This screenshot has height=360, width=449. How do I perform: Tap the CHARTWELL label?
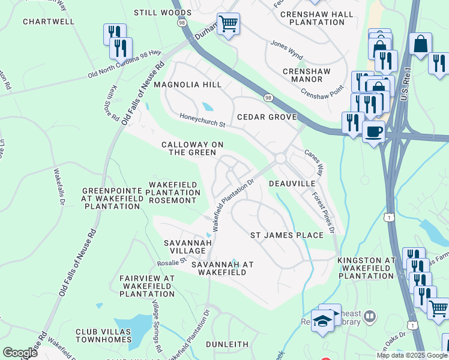[49, 22]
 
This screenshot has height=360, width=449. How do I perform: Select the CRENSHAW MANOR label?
[306, 75]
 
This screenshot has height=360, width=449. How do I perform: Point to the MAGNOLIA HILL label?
[187, 85]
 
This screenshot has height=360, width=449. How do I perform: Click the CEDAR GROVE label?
[267, 117]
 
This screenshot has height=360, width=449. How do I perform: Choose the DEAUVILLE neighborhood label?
[292, 183]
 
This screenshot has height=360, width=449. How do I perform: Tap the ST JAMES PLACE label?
[286, 235]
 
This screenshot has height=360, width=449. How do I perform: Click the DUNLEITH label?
[227, 344]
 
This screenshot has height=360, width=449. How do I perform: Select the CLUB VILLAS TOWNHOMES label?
[103, 335]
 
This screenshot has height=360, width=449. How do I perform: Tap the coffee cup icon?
[373, 130]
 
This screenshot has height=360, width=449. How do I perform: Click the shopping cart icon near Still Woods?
[228, 24]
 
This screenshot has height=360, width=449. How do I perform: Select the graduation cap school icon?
[322, 320]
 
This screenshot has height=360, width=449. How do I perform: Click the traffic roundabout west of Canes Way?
[280, 158]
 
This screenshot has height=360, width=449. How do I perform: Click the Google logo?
[20, 353]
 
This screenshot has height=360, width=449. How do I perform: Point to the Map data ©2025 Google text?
[411, 355]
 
